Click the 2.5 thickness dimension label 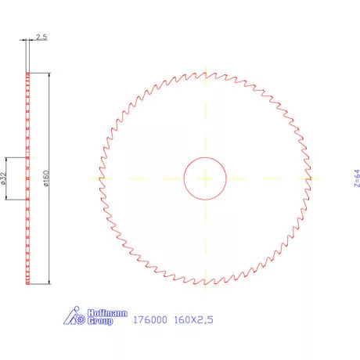pyautogui.click(x=41, y=37)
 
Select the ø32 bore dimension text pyautogui.click(x=5, y=178)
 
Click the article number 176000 pyautogui.click(x=147, y=320)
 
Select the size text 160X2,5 pyautogui.click(x=192, y=320)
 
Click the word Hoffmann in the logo pyautogui.click(x=100, y=313)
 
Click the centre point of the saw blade pyautogui.click(x=205, y=178)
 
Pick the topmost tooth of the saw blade pyautogui.click(x=205, y=72)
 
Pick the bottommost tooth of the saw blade pyautogui.click(x=205, y=284)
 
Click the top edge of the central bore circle pyautogui.click(x=205, y=157)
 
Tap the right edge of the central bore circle pyautogui.click(x=227, y=178)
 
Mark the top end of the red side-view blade pyautogui.click(x=27, y=74)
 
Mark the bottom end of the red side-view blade pyautogui.click(x=27, y=283)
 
